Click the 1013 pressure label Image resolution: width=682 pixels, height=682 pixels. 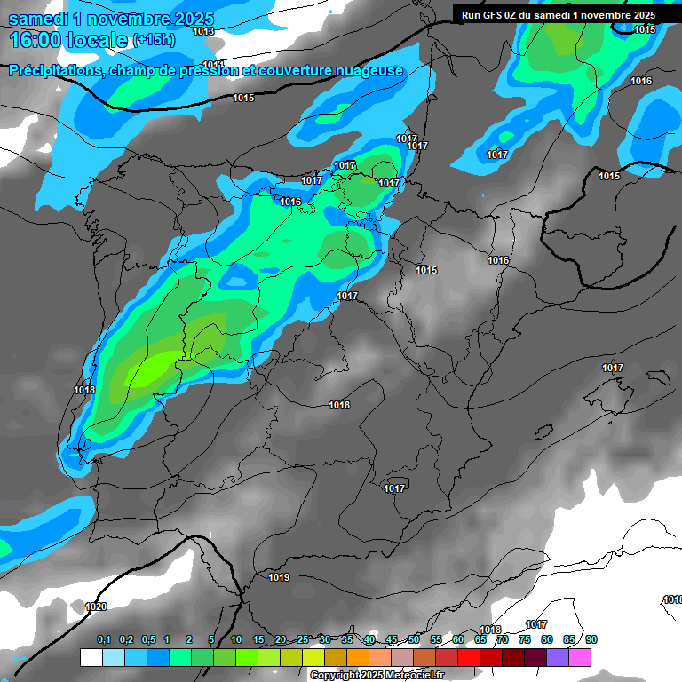click(203, 31)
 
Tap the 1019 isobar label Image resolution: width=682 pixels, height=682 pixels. click(279, 577)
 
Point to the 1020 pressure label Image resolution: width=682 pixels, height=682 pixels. click(96, 607)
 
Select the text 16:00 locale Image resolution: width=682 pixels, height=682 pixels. click(68, 40)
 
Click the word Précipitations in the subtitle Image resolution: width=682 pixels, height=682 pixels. click(53, 71)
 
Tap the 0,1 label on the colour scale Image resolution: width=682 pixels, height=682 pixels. click(104, 640)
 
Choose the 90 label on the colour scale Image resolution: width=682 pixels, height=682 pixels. click(591, 640)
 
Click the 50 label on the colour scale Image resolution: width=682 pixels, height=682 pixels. click(414, 640)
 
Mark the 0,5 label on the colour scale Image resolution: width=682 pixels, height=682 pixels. click(147, 640)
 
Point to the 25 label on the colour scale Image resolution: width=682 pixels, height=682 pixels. click(303, 640)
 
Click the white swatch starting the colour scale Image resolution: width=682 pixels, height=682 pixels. click(91, 657)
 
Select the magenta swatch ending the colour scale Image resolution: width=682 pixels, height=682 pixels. click(580, 657)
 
